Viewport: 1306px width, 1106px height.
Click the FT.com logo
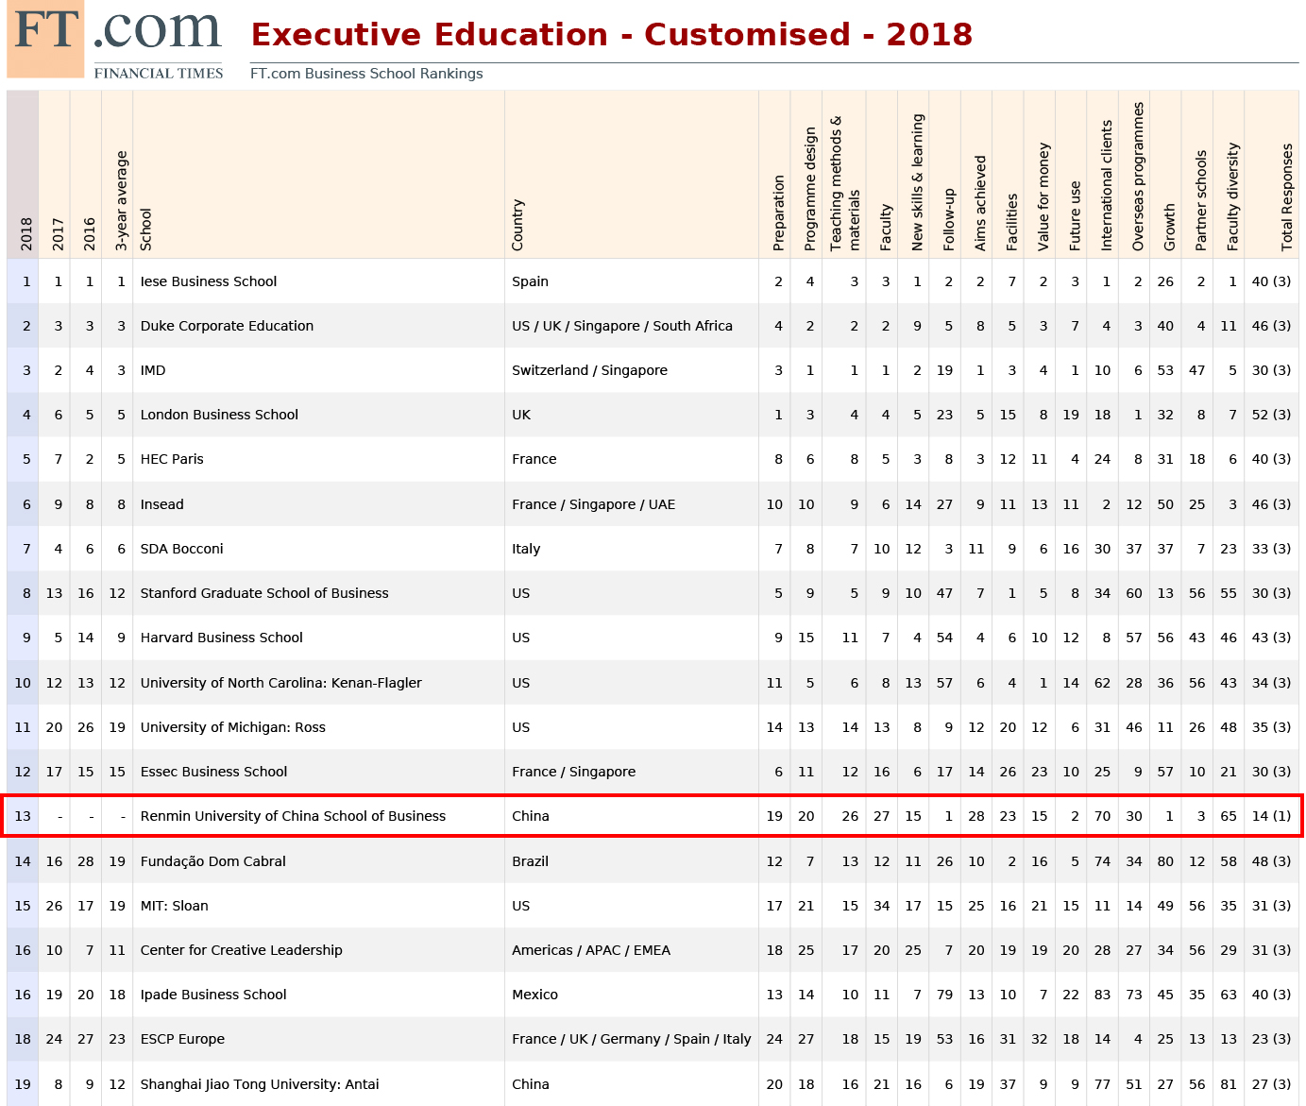tap(115, 40)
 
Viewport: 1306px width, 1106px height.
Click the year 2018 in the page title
tap(929, 35)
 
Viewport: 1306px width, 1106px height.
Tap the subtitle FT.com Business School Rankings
tap(366, 74)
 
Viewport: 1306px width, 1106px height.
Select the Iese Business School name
tap(209, 281)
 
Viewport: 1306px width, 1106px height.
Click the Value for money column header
tap(1043, 197)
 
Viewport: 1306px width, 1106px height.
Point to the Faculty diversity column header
tap(1232, 197)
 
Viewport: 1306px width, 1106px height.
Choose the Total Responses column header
tap(1287, 197)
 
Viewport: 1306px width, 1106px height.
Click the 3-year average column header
tap(121, 201)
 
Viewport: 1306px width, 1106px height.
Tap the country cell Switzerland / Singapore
tap(589, 370)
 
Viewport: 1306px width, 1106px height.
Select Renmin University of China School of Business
tap(293, 816)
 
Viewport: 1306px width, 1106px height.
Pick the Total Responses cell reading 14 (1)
tap(1271, 816)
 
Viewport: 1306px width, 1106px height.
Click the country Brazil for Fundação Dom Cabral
tap(530, 861)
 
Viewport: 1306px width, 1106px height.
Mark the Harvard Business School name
tap(221, 638)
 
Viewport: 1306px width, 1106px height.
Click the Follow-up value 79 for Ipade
tap(944, 995)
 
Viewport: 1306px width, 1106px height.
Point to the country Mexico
tap(534, 995)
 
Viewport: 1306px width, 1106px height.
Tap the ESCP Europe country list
tap(631, 1039)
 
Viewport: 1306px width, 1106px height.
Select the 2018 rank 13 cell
tap(23, 816)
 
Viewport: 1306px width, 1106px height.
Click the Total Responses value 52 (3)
tap(1271, 415)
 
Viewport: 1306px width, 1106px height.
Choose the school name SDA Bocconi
tap(181, 549)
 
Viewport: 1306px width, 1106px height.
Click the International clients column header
tap(1107, 186)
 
